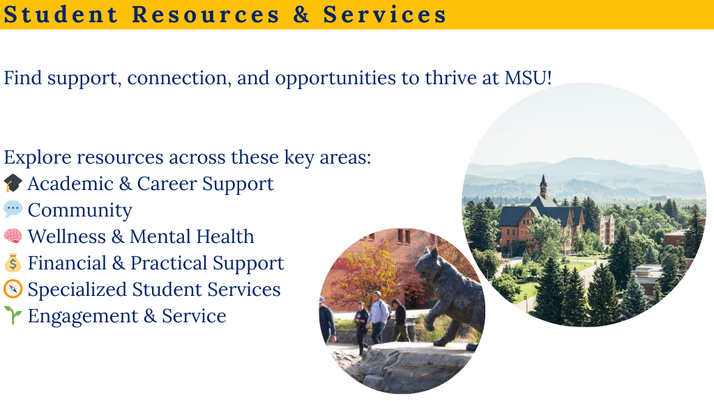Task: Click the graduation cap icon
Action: tap(13, 183)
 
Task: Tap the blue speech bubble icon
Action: tap(13, 209)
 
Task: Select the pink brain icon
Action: tap(13, 236)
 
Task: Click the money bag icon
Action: tap(13, 262)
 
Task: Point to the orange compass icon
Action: tap(13, 289)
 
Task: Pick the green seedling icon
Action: tap(13, 315)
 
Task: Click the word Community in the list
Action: tap(79, 210)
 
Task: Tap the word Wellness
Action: tap(66, 237)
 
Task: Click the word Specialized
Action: tap(77, 290)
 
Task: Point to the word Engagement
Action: tap(83, 316)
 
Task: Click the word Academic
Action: tap(70, 184)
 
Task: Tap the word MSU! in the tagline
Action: tap(528, 78)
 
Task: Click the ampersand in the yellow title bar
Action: tap(301, 14)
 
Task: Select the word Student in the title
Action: tap(61, 14)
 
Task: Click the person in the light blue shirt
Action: tap(378, 317)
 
